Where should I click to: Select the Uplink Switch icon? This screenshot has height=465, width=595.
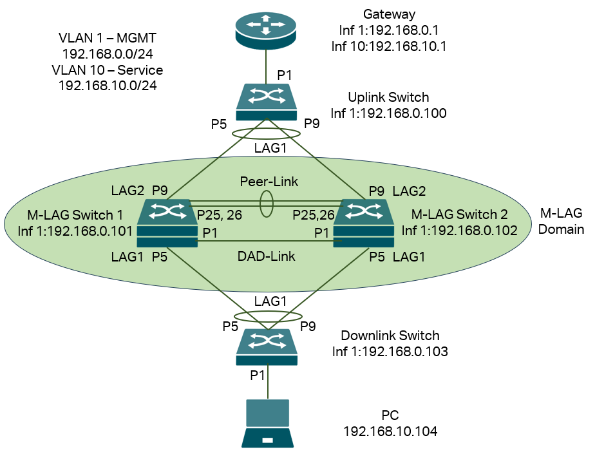click(267, 102)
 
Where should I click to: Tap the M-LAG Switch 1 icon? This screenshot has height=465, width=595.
click(167, 219)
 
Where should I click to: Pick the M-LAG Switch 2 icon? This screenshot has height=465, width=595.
click(363, 219)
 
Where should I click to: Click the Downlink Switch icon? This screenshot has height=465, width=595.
click(267, 346)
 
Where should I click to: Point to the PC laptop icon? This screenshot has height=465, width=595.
click(267, 423)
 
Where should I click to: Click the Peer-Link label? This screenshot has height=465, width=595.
click(269, 182)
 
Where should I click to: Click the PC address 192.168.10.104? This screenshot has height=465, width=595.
click(391, 432)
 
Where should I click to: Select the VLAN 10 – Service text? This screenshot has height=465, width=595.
click(111, 70)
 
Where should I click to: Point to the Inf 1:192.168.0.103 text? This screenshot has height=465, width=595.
click(390, 352)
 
